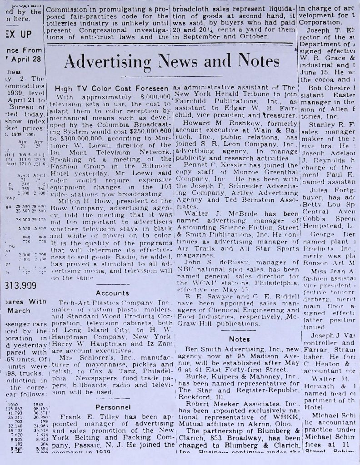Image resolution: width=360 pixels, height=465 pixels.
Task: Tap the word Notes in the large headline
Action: [x=254, y=61]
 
